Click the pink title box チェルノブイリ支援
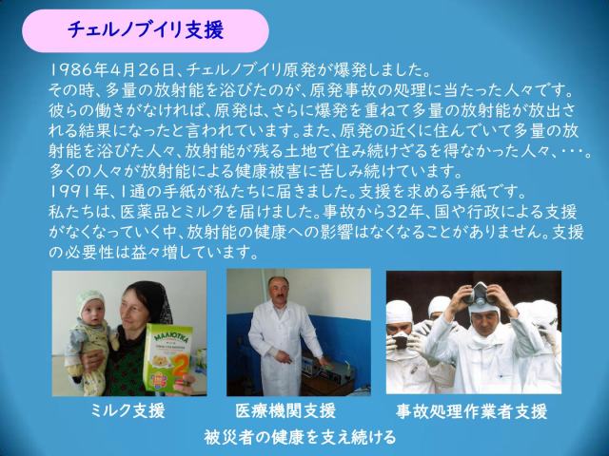146,30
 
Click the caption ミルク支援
128,410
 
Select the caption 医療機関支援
285,410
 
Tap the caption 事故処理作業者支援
472,411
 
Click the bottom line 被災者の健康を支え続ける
300,437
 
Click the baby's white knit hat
89,300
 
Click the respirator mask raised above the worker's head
480,293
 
